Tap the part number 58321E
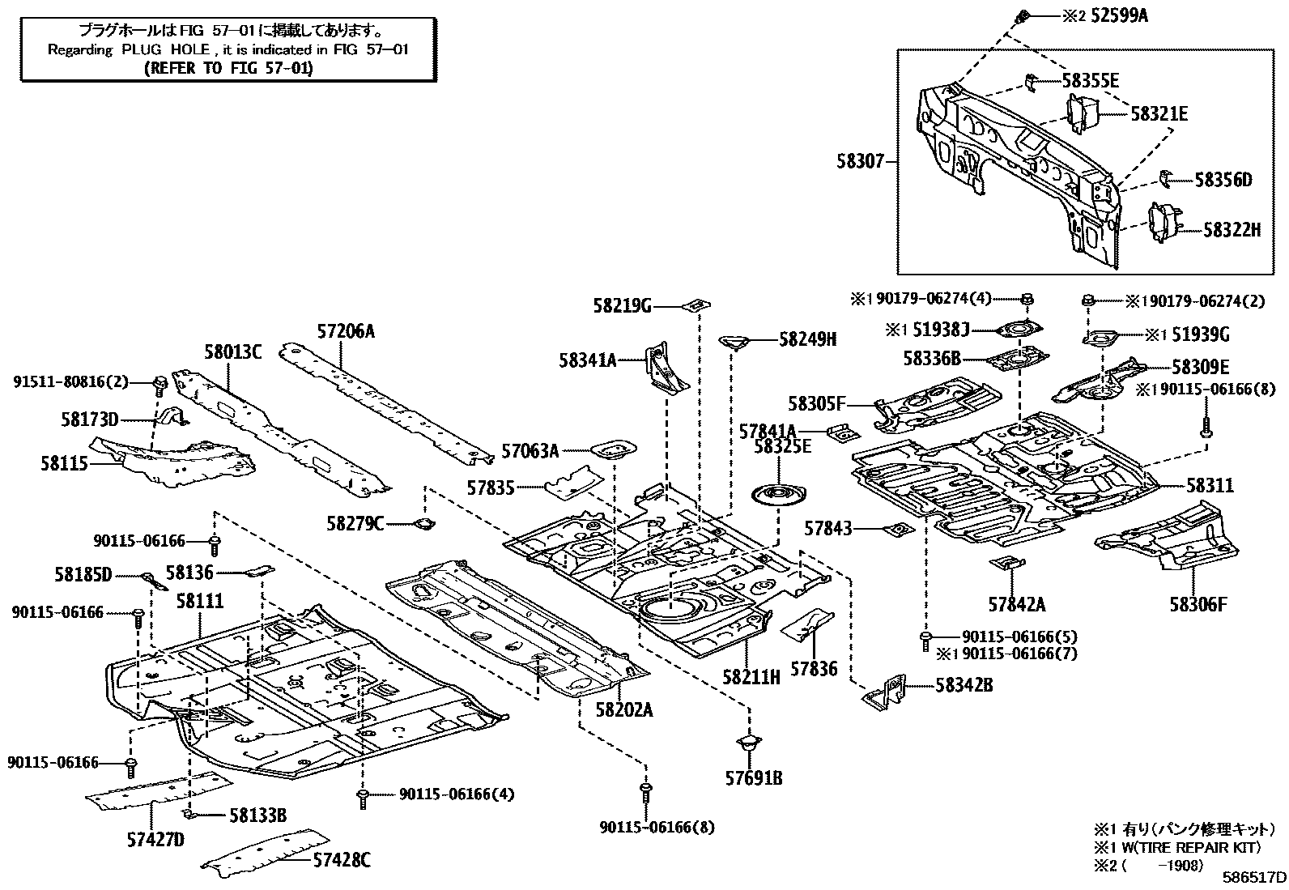pos(1158,114)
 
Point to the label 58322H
pos(1231,230)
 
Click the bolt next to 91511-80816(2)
pos(160,381)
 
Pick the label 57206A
pos(346,331)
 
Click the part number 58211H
pos(751,677)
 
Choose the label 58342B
pos(964,685)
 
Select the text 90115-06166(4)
pos(456,794)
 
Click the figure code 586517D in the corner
pos(1254,877)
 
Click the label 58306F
pos(1198,603)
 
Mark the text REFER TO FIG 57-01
pos(228,68)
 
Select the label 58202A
pos(623,709)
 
